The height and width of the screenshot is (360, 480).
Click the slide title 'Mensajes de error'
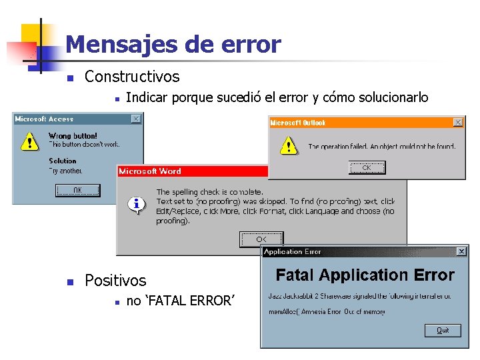click(x=173, y=45)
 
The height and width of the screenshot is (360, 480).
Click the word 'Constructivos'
click(x=132, y=77)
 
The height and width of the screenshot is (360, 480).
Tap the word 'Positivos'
click(x=115, y=281)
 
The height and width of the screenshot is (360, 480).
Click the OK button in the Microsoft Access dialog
click(x=77, y=191)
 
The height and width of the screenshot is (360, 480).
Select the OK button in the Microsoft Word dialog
click(x=261, y=239)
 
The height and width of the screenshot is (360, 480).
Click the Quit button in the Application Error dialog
click(x=443, y=330)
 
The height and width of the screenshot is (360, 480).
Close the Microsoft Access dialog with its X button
click(x=136, y=119)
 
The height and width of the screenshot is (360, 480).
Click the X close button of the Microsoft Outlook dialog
click(x=458, y=123)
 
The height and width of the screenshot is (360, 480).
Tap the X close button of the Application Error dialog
click(x=461, y=251)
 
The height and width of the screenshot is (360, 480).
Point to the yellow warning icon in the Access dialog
click(x=29, y=141)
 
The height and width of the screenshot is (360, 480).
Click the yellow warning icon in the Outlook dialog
click(x=288, y=145)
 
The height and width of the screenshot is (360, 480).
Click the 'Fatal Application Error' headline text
click(x=365, y=275)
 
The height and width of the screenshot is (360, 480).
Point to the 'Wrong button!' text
click(x=73, y=136)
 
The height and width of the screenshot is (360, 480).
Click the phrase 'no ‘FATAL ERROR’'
click(x=180, y=301)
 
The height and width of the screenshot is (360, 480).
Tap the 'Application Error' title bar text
click(x=293, y=251)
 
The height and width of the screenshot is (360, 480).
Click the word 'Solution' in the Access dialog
click(x=63, y=161)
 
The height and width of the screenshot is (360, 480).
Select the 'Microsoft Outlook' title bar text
click(x=298, y=123)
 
